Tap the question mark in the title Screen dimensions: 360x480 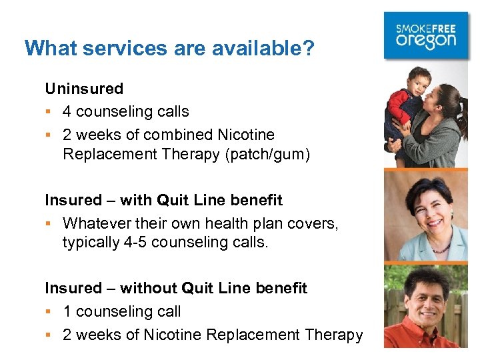[x=309, y=48]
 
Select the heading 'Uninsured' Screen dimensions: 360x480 [x=84, y=89]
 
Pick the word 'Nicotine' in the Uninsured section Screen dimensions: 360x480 [x=246, y=134]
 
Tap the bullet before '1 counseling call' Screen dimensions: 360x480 [x=49, y=312]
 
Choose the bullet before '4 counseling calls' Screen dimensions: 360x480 [x=49, y=112]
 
